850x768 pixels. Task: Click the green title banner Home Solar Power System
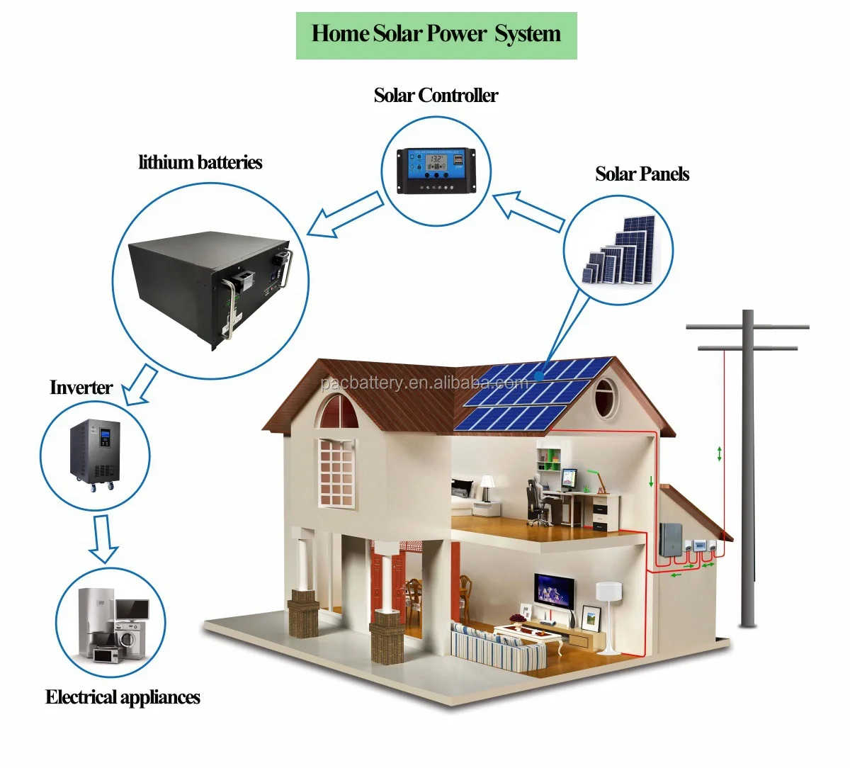click(x=436, y=35)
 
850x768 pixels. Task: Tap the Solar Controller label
click(x=436, y=95)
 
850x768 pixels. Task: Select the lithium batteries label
click(x=200, y=162)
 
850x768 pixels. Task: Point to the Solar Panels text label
click(x=642, y=174)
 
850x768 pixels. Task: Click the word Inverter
click(x=81, y=388)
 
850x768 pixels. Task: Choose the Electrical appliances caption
click(x=123, y=697)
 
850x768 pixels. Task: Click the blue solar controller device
click(x=436, y=169)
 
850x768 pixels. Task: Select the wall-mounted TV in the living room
click(x=554, y=589)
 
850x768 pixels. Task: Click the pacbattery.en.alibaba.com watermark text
click(x=424, y=383)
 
